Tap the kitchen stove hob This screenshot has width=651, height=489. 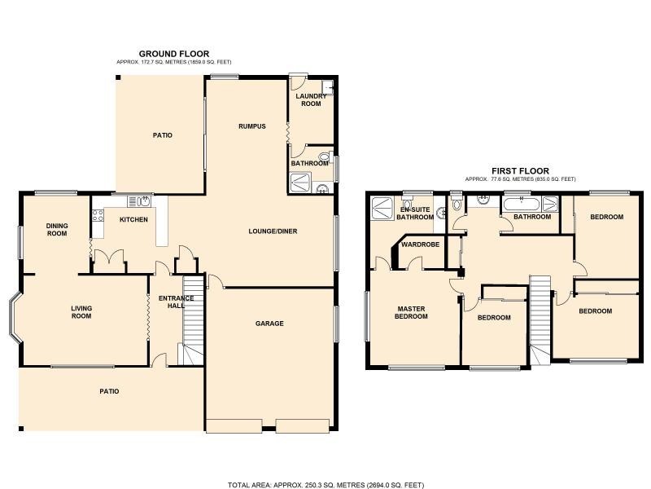point(98,216)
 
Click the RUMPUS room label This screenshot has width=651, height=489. point(252,126)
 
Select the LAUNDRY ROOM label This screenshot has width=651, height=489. point(311,100)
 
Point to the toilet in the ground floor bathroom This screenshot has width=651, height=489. point(324,158)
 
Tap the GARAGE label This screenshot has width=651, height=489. point(269,324)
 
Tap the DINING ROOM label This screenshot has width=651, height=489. point(57,229)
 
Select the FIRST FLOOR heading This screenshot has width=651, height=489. point(520,171)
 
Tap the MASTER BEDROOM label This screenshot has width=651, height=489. point(412,312)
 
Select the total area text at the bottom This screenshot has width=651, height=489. point(325,485)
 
